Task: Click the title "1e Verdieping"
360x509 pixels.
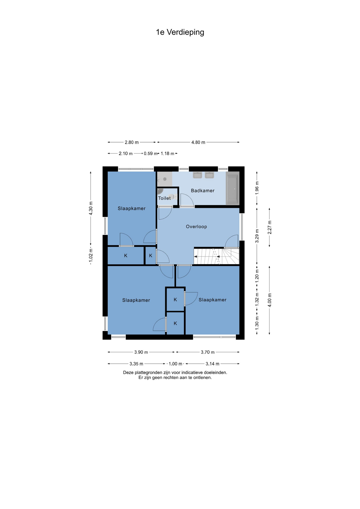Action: click(180, 32)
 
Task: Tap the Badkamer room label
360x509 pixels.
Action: click(203, 191)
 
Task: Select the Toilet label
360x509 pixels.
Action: click(164, 198)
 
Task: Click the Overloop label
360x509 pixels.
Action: click(196, 227)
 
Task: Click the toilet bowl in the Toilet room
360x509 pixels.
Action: click(172, 196)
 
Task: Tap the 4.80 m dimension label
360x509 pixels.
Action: click(198, 142)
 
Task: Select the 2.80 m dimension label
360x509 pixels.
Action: click(132, 142)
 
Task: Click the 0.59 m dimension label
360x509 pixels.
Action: click(151, 153)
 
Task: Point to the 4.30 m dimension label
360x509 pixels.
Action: click(91, 208)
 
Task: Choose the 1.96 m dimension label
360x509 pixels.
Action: click(257, 188)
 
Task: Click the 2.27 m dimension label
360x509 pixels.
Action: click(269, 227)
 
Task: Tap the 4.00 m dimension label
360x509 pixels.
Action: click(270, 300)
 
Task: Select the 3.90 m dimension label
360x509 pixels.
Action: click(141, 352)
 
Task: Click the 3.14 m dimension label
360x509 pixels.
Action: click(212, 364)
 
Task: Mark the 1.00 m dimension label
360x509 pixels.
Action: click(175, 364)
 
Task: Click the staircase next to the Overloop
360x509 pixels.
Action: click(217, 256)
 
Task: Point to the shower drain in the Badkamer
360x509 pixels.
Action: click(165, 179)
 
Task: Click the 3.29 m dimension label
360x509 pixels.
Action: click(257, 236)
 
